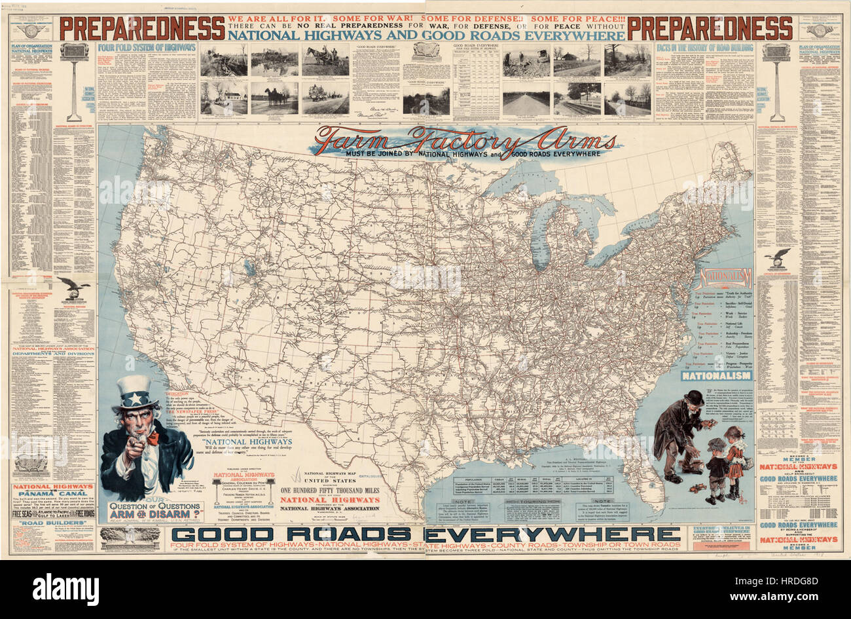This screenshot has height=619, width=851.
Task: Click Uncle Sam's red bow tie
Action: pos(152,438)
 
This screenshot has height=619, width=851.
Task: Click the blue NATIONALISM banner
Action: pos(715,376)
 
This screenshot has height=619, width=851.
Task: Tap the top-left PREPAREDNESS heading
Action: pos(142,28)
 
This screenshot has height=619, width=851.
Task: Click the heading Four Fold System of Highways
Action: pos(147,47)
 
